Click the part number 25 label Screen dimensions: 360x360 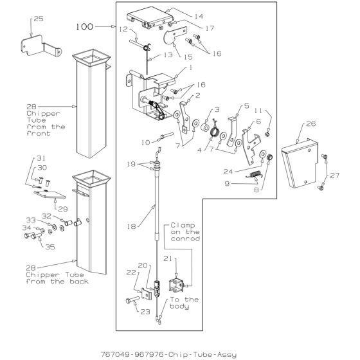[39, 19]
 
